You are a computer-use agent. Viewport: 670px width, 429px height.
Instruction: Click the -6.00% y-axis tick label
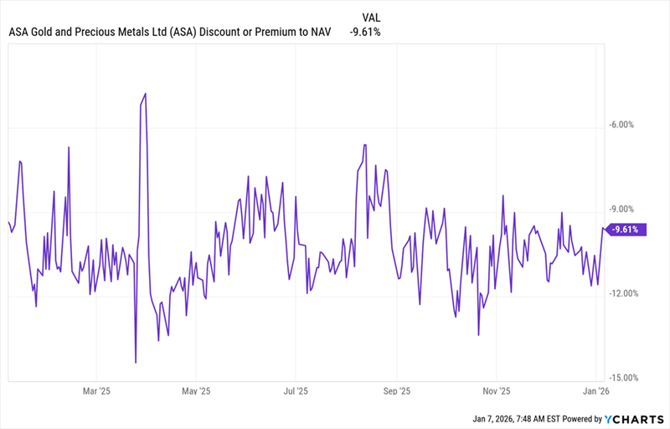pyautogui.click(x=624, y=125)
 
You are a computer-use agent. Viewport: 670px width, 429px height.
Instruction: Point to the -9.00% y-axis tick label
pyautogui.click(x=624, y=209)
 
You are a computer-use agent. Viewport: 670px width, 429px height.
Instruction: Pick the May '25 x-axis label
pyautogui.click(x=195, y=390)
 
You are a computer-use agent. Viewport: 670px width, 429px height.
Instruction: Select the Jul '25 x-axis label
pyautogui.click(x=295, y=390)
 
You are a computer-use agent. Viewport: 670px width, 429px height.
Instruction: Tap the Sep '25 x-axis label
pyautogui.click(x=396, y=390)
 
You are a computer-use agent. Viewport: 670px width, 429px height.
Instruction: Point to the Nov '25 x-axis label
pyautogui.click(x=497, y=390)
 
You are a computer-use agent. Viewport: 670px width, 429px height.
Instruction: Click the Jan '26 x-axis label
pyautogui.click(x=595, y=390)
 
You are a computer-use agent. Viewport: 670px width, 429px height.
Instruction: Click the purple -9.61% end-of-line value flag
pyautogui.click(x=625, y=229)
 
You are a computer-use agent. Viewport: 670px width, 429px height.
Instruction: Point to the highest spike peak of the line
pyautogui.click(x=146, y=94)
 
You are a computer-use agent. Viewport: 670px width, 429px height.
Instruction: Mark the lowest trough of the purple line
pyautogui.click(x=136, y=363)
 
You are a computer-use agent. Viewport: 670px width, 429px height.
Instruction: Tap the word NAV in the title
pyautogui.click(x=318, y=33)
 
